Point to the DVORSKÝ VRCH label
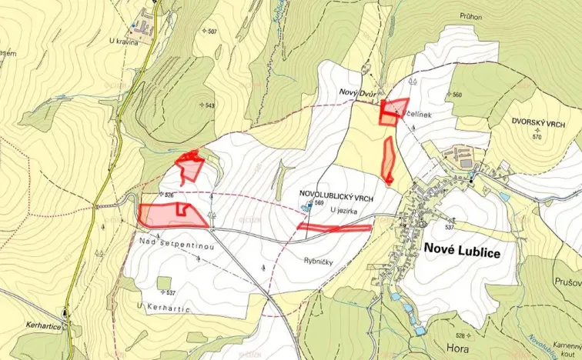tap(537, 122)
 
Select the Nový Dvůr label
tap(357, 92)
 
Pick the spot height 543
tap(210, 105)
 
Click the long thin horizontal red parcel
tap(334, 227)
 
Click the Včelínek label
tap(416, 115)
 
